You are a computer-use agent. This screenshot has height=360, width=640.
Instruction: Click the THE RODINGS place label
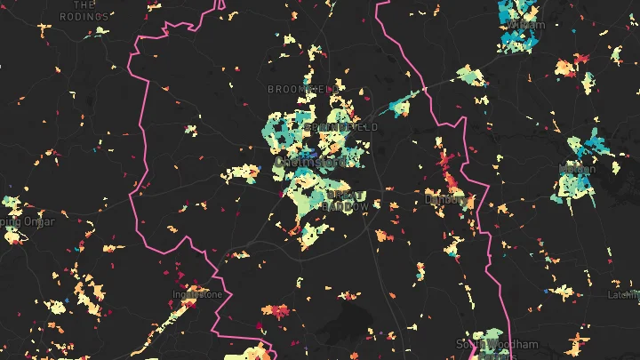coord(90,11)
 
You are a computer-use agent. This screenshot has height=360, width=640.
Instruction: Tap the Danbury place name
coord(444,200)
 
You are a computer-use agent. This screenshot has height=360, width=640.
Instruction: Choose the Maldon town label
coord(577,168)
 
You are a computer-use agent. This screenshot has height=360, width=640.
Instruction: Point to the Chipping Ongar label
coord(26,220)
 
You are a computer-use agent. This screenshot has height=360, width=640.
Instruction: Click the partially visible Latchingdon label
coord(622,294)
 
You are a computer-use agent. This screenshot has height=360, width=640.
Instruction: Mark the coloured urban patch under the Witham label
coord(516,40)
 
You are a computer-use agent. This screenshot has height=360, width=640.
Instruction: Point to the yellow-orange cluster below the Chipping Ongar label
coord(12,236)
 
